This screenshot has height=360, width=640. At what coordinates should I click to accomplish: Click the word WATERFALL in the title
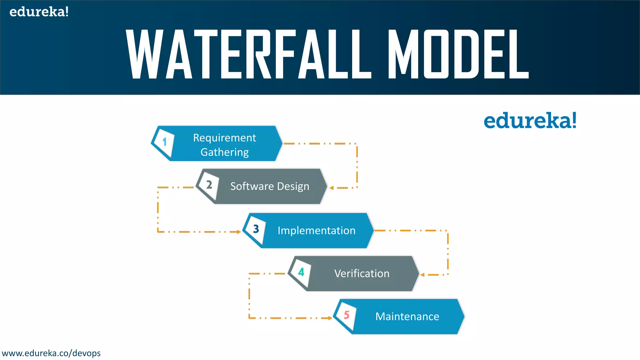[x=248, y=54]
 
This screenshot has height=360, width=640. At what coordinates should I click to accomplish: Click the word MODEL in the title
[x=458, y=54]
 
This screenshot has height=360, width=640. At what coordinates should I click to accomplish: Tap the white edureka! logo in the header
[x=39, y=12]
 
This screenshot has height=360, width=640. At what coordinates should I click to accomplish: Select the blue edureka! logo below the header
[x=530, y=121]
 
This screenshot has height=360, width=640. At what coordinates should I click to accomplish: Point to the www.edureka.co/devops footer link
[x=51, y=353]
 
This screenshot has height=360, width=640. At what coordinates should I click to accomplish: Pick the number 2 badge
[x=209, y=185]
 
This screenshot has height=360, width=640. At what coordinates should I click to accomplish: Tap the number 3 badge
[x=256, y=229]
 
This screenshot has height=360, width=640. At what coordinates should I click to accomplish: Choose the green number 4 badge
[x=301, y=272]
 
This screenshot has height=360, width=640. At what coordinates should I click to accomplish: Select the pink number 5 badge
[x=346, y=315]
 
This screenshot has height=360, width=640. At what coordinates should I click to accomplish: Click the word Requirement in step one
[x=224, y=138]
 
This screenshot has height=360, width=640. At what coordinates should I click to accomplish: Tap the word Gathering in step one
[x=224, y=152]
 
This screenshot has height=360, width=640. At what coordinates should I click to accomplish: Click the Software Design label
[x=270, y=186]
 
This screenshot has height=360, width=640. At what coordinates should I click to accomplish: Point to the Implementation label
[x=317, y=231]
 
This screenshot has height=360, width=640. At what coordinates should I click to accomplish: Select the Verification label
[x=362, y=273]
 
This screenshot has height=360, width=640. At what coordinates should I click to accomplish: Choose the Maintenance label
[x=407, y=317]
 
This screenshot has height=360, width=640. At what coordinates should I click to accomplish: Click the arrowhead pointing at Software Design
[x=332, y=188]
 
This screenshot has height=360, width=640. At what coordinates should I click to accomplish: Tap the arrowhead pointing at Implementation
[x=239, y=232]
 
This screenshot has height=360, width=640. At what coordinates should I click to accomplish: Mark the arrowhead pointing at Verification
[x=422, y=275]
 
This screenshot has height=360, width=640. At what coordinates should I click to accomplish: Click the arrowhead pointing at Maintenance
[x=330, y=318]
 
